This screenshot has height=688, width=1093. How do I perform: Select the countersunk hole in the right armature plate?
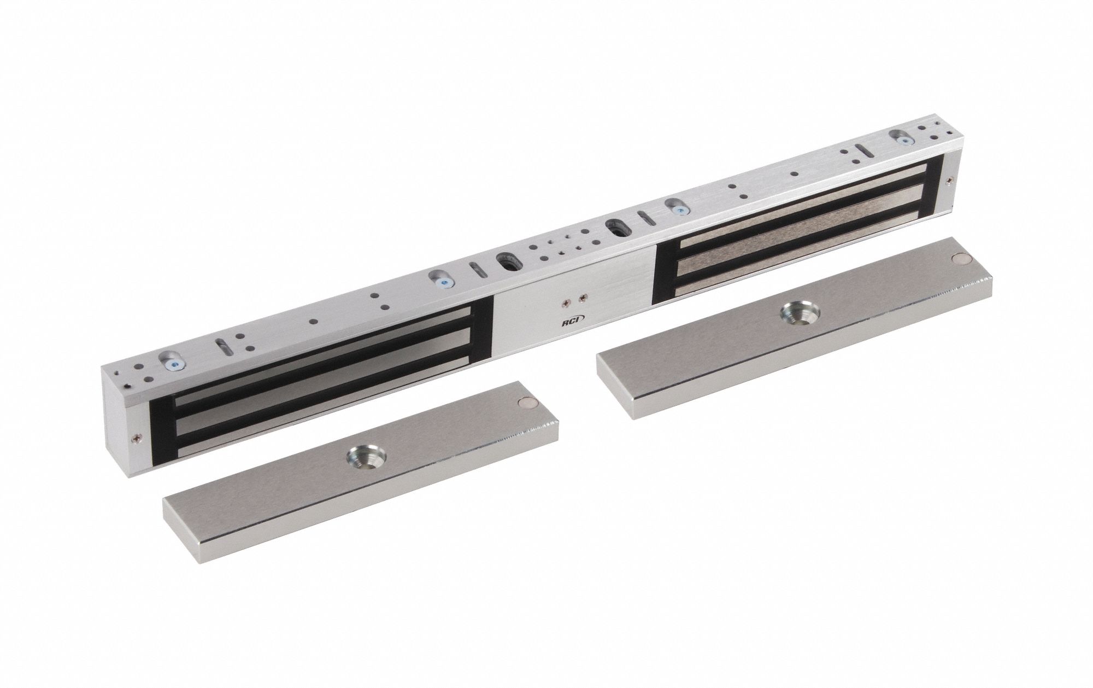coord(799,313)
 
